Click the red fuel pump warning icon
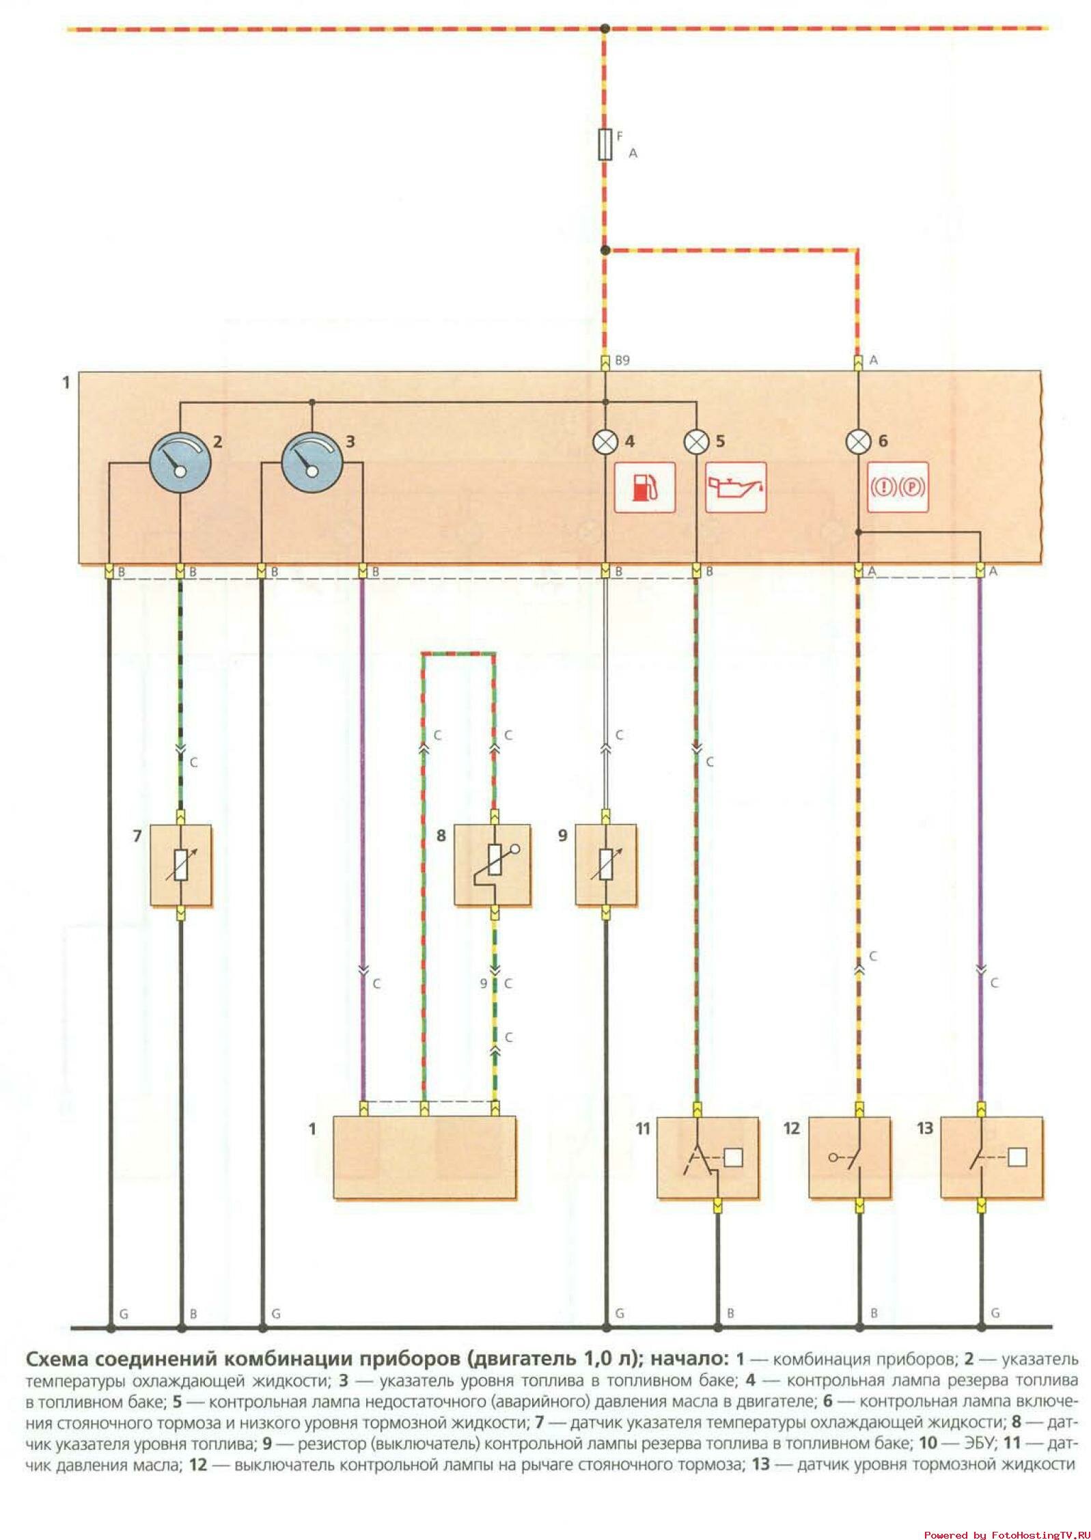coord(644,487)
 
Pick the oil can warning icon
coord(735,487)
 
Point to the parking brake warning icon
coord(897,487)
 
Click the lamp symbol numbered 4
coord(605,443)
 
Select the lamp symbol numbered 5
coord(696,443)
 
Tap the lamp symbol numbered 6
coord(858,443)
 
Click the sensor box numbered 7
coord(180,865)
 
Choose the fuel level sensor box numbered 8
coord(493,865)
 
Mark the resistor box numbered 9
coord(605,865)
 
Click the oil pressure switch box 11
coord(707,1157)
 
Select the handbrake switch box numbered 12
coord(849,1157)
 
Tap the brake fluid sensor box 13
coord(991,1157)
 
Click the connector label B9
coord(622,360)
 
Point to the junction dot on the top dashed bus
coord(604,28)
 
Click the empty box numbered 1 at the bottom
coord(424,1157)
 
